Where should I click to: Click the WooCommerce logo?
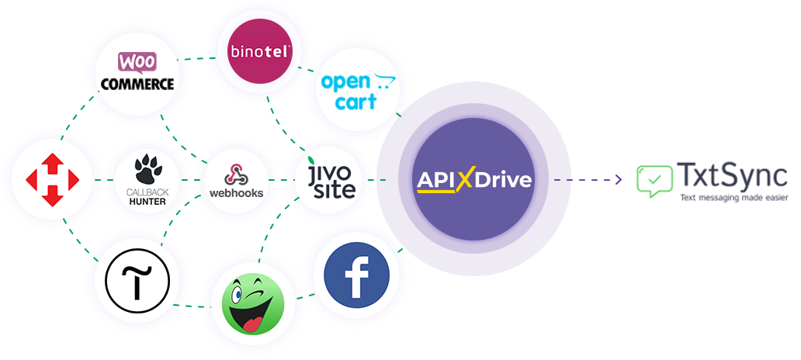[x=137, y=71]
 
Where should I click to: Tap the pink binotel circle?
[x=259, y=51]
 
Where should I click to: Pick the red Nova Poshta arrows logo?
[x=52, y=180]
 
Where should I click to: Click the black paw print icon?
[x=147, y=169]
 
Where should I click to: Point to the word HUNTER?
[x=147, y=201]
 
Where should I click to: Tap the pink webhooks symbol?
[x=236, y=175]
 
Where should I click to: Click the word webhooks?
[x=237, y=193]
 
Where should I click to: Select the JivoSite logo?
[x=330, y=178]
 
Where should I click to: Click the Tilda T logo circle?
[x=137, y=282]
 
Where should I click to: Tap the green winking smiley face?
[x=253, y=304]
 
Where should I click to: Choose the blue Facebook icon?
[x=356, y=275]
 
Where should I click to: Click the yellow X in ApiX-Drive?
[x=464, y=178]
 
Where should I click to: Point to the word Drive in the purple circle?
[x=503, y=180]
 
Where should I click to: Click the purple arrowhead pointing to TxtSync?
[x=619, y=179]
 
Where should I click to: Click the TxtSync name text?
[x=732, y=176]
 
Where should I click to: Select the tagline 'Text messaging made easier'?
[x=733, y=197]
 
